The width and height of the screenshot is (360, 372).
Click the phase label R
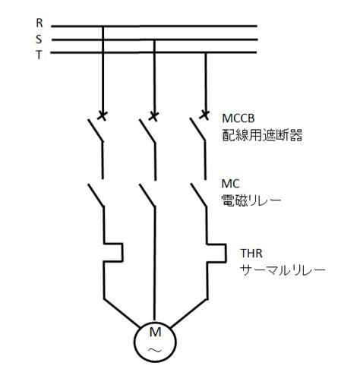tap(39, 23)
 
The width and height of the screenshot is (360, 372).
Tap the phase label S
tap(39, 39)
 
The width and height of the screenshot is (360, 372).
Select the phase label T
tap(39, 55)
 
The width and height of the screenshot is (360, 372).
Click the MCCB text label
tap(238, 118)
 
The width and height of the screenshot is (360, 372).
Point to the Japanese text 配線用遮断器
tap(262, 135)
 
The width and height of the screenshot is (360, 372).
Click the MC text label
tap(230, 184)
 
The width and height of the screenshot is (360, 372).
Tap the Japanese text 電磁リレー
tap(251, 200)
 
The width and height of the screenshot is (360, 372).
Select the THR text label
tap(251, 254)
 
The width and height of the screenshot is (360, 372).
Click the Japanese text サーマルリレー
tap(283, 270)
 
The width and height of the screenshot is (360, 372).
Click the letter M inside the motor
tap(155, 332)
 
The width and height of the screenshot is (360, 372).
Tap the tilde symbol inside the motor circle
tap(155, 351)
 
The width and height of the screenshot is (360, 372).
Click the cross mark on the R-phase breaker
tap(103, 116)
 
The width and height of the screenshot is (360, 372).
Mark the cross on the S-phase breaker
tap(153, 116)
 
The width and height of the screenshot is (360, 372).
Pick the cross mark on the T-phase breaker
tap(204, 115)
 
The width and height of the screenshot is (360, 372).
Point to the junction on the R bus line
tap(103, 26)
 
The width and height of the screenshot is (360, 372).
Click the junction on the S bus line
tap(154, 39)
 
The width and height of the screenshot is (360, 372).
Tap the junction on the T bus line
tap(206, 52)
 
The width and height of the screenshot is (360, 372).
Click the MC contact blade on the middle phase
tap(147, 195)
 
